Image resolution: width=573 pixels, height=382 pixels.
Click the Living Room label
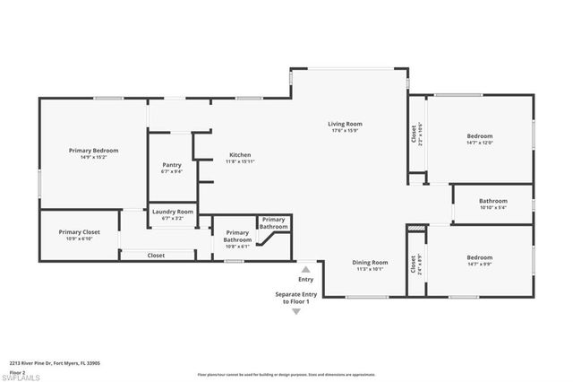click(x=345, y=124)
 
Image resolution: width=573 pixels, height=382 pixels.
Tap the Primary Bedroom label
click(x=94, y=151)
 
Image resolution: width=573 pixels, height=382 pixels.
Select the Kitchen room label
click(x=239, y=155)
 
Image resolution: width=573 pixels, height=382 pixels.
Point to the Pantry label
click(x=172, y=165)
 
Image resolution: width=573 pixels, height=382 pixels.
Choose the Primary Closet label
click(x=80, y=232)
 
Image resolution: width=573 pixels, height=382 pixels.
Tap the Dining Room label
click(x=370, y=262)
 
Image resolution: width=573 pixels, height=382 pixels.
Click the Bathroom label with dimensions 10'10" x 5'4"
click(x=492, y=201)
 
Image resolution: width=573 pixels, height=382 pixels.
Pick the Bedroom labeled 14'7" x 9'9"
click(x=479, y=258)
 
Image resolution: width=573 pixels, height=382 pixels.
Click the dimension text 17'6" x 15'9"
click(x=345, y=131)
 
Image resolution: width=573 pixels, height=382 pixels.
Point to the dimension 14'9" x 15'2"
click(x=94, y=158)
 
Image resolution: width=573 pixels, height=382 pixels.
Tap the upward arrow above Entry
click(x=305, y=269)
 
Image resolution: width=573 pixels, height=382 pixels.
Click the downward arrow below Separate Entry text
click(x=296, y=311)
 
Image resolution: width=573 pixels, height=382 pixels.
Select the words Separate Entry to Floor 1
click(x=295, y=298)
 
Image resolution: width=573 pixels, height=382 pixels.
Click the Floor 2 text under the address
click(x=17, y=371)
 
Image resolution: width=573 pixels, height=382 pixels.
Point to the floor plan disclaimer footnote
click(x=286, y=374)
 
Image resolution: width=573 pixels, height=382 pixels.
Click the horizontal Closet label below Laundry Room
click(x=156, y=256)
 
